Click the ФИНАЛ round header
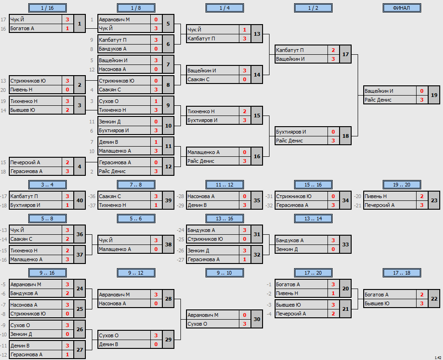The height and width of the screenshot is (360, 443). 402,8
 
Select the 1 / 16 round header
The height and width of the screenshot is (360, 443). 47,8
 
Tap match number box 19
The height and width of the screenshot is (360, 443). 434,95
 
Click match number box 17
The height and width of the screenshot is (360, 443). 345,54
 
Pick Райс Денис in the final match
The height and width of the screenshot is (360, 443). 378,100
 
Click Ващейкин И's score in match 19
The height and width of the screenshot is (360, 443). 422,91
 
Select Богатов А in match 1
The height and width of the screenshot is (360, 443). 22,28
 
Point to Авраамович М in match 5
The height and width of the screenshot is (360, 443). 114,19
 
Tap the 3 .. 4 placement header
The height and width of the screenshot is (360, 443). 47,185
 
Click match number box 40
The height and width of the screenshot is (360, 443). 80,200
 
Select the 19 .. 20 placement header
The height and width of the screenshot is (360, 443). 402,185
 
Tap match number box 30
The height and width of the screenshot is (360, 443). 257,319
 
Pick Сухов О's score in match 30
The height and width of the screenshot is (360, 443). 244,324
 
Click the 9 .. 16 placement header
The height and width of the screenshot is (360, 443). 47,273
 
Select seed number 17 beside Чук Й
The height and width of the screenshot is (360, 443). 3,19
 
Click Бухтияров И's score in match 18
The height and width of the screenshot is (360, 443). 333,132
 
